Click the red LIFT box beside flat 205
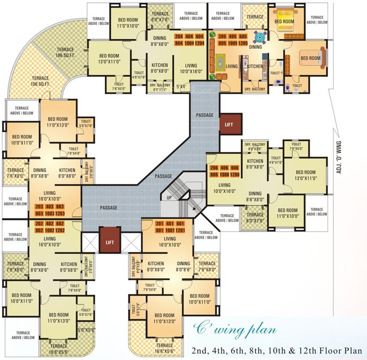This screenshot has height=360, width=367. [230, 124]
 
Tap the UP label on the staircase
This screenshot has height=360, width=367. [168, 198]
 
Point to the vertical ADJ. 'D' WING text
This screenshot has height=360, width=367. [338, 157]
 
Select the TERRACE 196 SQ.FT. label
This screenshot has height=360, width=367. [66, 52]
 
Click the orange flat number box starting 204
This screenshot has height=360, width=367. [189, 39]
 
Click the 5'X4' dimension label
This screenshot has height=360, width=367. [181, 86]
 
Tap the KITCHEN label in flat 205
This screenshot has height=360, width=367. [255, 67]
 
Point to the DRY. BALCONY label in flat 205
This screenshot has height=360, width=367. [255, 89]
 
